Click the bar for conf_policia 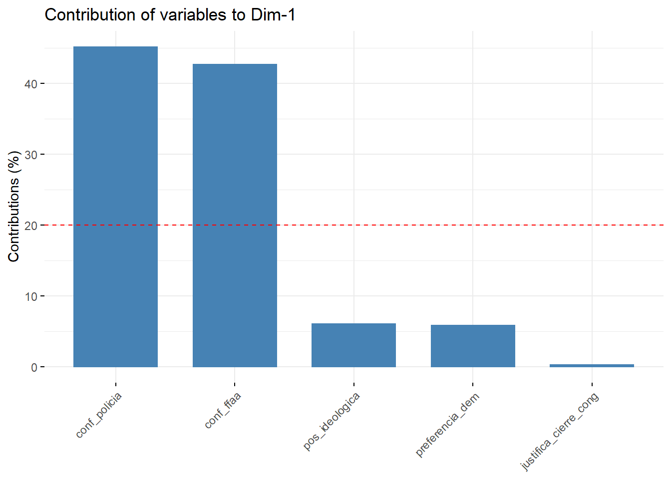[115, 207]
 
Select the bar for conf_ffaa [235, 216]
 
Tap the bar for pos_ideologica [353, 345]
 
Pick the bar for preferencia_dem [473, 346]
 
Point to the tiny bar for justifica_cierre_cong [592, 366]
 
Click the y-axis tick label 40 [31, 84]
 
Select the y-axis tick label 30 [31, 155]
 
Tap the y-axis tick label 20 [31, 226]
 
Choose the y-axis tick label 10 [31, 296]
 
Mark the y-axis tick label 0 [34, 368]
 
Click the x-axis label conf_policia [99, 415]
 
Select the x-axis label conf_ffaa [223, 410]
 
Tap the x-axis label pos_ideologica [332, 422]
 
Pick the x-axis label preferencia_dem [447, 425]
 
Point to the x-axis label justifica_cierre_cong [559, 432]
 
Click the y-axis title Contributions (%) [13, 206]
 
